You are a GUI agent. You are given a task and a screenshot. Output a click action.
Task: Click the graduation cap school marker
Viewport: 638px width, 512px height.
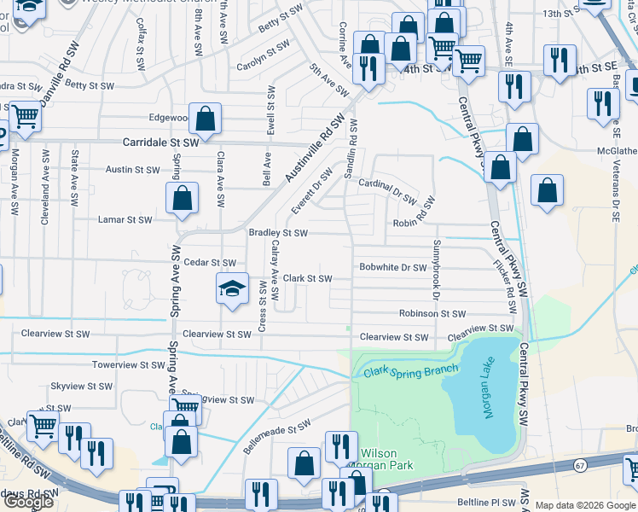(x=231, y=288)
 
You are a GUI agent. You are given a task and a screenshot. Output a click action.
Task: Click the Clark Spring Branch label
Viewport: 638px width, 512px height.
(x=411, y=371)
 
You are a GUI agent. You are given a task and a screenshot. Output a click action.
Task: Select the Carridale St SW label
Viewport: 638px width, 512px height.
(x=161, y=143)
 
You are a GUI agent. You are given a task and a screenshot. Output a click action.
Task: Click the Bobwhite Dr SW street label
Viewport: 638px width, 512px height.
(x=392, y=268)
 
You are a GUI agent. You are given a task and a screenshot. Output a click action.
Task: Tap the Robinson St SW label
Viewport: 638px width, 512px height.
(x=430, y=314)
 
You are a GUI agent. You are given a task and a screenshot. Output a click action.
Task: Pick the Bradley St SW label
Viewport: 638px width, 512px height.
(x=277, y=232)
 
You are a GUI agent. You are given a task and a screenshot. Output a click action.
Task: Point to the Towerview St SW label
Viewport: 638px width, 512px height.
(x=127, y=364)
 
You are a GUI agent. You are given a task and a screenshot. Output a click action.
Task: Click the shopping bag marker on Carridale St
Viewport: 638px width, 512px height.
(x=206, y=119)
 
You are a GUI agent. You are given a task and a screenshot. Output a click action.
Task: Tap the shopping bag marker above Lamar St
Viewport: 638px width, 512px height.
(x=183, y=199)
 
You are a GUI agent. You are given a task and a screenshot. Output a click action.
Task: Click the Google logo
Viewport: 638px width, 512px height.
(x=28, y=502)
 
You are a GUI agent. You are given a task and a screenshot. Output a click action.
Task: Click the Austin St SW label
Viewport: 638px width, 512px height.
(x=132, y=170)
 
